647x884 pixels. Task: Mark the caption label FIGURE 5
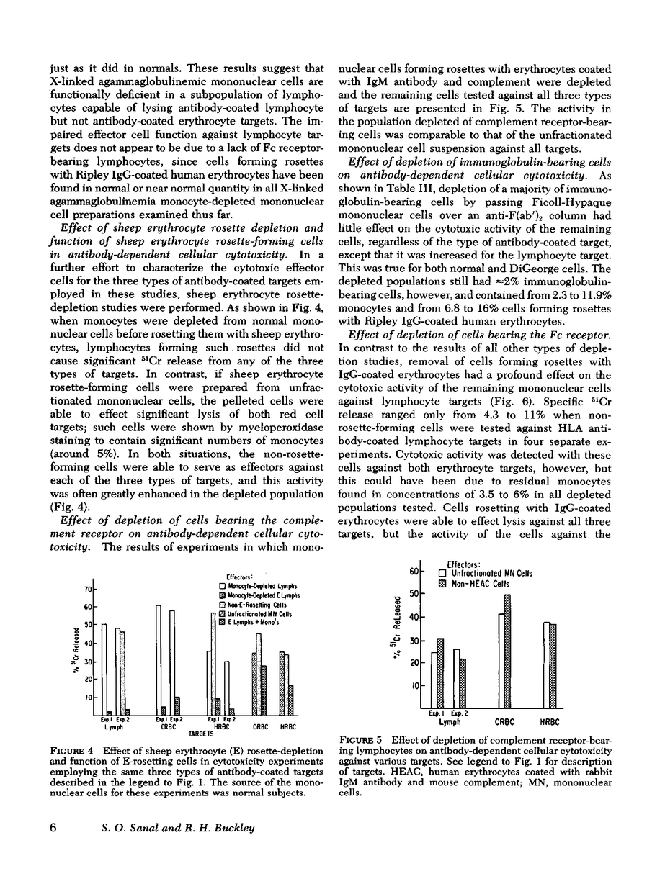[x=365, y=739]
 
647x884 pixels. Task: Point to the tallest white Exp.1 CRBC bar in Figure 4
[x=159, y=660]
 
